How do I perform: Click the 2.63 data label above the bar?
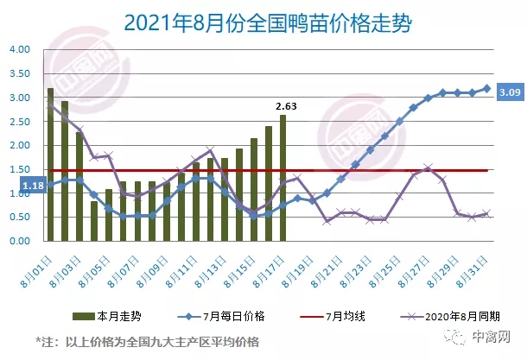click(285, 106)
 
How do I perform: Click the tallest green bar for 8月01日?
click(50, 164)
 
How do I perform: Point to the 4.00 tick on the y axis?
click(19, 49)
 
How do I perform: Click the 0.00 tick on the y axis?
click(19, 242)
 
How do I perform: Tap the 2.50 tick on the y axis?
click(19, 122)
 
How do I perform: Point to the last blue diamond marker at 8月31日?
click(486, 88)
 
